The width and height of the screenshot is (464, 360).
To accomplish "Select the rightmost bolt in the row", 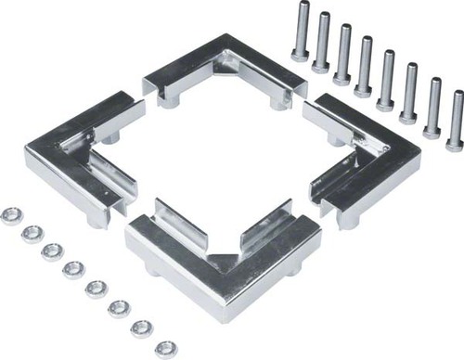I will pyautogui.click(x=455, y=121).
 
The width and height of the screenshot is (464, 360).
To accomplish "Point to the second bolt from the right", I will pyautogui.click(x=432, y=109).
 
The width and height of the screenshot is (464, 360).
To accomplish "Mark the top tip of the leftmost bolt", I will pyautogui.click(x=301, y=6).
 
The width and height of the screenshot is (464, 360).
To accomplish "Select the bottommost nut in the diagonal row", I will pyautogui.click(x=165, y=348).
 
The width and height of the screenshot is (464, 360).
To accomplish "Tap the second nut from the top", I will pyautogui.click(x=32, y=232).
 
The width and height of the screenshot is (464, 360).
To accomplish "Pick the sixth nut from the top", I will pyautogui.click(x=119, y=309).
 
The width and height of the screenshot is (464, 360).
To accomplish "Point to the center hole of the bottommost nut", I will pyautogui.click(x=165, y=348).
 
